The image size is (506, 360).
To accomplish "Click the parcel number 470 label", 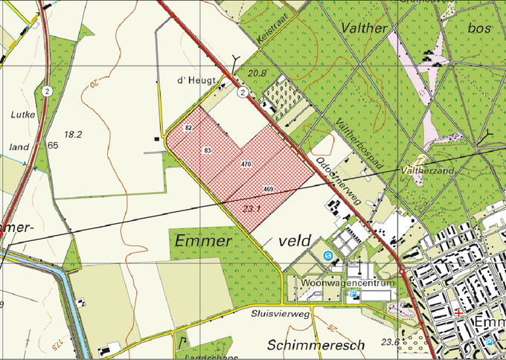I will tap(246, 163).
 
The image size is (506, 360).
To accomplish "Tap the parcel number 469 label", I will tap(268, 190).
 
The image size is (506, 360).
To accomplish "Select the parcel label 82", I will tap(188, 129).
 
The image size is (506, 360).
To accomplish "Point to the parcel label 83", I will tap(207, 150).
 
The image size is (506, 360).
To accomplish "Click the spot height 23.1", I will tap(252, 208).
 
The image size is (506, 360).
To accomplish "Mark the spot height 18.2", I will tap(73, 134).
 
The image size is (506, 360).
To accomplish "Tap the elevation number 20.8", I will tap(257, 73).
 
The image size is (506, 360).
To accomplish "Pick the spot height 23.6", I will tap(389, 341).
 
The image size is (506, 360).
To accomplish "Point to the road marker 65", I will tap(52, 145).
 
